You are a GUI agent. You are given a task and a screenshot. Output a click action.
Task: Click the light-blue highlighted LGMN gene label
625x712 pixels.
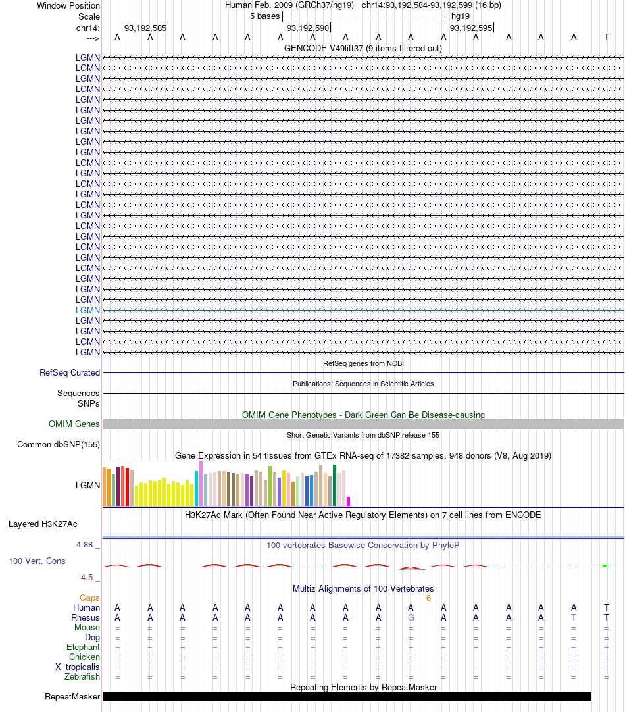tap(87, 310)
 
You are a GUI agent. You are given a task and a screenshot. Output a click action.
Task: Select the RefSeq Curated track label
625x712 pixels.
tap(70, 373)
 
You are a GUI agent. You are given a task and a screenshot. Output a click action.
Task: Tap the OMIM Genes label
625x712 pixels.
tap(74, 424)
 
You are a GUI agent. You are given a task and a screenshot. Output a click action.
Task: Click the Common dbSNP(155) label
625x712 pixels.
tap(59, 445)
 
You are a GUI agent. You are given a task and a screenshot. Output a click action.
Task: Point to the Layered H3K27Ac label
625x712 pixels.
tap(43, 524)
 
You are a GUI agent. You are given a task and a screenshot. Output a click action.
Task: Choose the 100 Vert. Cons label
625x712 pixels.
tap(37, 561)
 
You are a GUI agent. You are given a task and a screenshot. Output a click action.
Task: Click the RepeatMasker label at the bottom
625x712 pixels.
tap(72, 697)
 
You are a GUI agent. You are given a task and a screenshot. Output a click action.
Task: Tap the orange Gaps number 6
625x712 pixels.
tap(428, 598)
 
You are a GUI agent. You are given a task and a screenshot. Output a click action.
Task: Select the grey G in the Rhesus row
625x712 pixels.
tap(411, 618)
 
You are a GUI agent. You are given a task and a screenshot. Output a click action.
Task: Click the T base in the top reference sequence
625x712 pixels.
tap(607, 38)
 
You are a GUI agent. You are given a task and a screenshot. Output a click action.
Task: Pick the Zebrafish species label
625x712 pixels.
tap(82, 677)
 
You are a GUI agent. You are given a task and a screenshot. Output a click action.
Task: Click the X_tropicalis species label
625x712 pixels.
tap(78, 667)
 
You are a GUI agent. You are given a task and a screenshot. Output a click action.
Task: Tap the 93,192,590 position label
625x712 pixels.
tap(308, 28)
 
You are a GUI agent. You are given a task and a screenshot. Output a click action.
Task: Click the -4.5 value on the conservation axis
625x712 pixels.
tap(86, 578)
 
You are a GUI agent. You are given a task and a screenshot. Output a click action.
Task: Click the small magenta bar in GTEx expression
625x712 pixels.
tap(348, 501)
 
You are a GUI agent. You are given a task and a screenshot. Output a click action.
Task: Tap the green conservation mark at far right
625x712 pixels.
tap(605, 565)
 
